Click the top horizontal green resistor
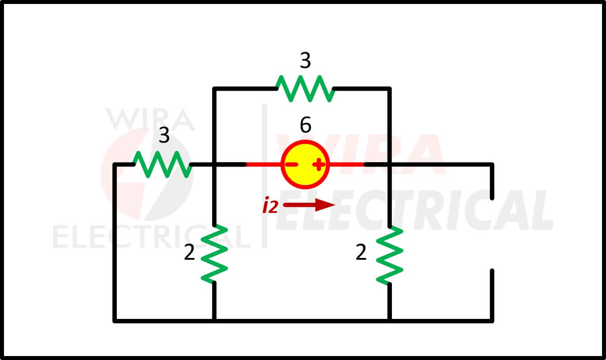[x=305, y=89]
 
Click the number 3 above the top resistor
[x=305, y=61]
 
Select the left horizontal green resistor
[x=162, y=164]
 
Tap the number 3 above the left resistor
[x=164, y=135]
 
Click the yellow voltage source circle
[x=305, y=164]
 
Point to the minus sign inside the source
[x=292, y=164]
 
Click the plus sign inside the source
[x=319, y=164]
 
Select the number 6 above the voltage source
[x=306, y=125]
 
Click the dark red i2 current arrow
[x=309, y=205]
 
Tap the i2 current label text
[x=270, y=205]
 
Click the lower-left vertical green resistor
[x=214, y=254]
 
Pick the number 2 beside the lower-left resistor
[x=189, y=253]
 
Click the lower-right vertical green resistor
[x=390, y=255]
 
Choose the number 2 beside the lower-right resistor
[x=361, y=253]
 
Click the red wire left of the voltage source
[x=263, y=164]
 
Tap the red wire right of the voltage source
[x=347, y=164]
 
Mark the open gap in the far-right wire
[x=492, y=235]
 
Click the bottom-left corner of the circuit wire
[x=115, y=321]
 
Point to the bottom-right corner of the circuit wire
[x=492, y=321]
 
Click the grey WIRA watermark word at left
[x=151, y=119]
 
